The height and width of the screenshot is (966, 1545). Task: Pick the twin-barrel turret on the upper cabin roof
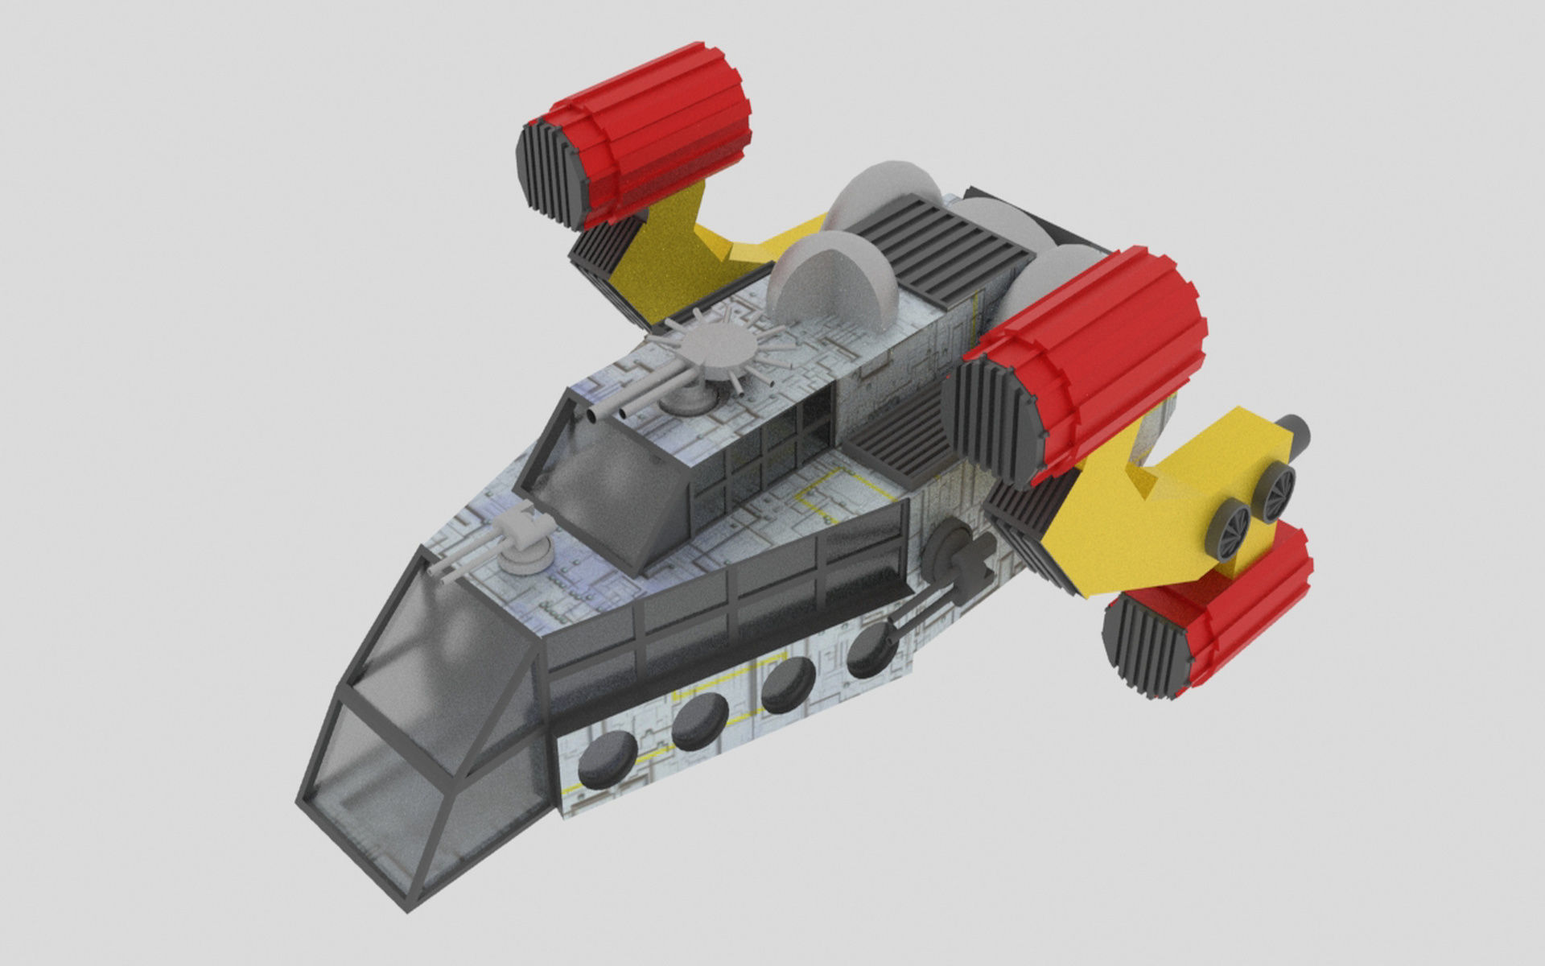click(x=688, y=394)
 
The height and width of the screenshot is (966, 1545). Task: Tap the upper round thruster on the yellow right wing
click(x=1277, y=489)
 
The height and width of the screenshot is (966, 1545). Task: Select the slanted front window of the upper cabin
click(x=604, y=491)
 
